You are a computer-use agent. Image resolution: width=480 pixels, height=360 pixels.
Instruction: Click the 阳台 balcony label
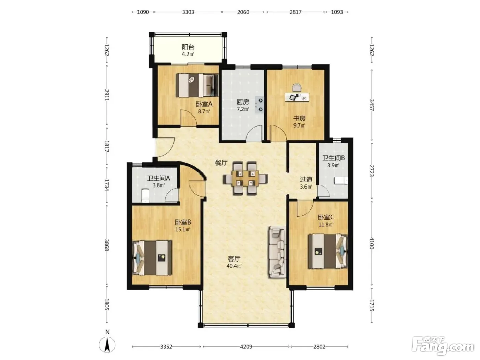point(188,47)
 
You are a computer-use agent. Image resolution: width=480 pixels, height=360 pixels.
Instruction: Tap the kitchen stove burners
point(259,105)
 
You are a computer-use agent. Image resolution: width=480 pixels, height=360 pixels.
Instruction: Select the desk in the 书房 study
point(297,97)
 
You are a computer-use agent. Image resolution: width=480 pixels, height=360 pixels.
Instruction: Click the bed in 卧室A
point(197,85)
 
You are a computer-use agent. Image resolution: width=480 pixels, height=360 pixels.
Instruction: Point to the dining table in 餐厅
point(245,178)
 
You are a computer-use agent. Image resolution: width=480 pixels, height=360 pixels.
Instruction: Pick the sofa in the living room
point(277,252)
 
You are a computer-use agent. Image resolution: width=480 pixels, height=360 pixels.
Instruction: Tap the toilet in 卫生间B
point(341,181)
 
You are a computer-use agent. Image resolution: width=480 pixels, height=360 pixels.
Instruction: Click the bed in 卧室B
point(152,258)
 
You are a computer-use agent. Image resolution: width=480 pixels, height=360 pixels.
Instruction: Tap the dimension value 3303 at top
point(188,12)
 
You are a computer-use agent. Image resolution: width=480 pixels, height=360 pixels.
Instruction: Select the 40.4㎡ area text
point(234,266)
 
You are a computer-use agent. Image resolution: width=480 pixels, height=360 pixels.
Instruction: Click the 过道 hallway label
point(306,179)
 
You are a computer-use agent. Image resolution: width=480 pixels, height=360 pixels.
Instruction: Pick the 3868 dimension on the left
point(107,245)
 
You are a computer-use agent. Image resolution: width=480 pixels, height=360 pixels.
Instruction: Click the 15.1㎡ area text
point(183,229)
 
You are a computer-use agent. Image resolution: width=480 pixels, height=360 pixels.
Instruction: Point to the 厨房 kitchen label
point(243,102)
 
